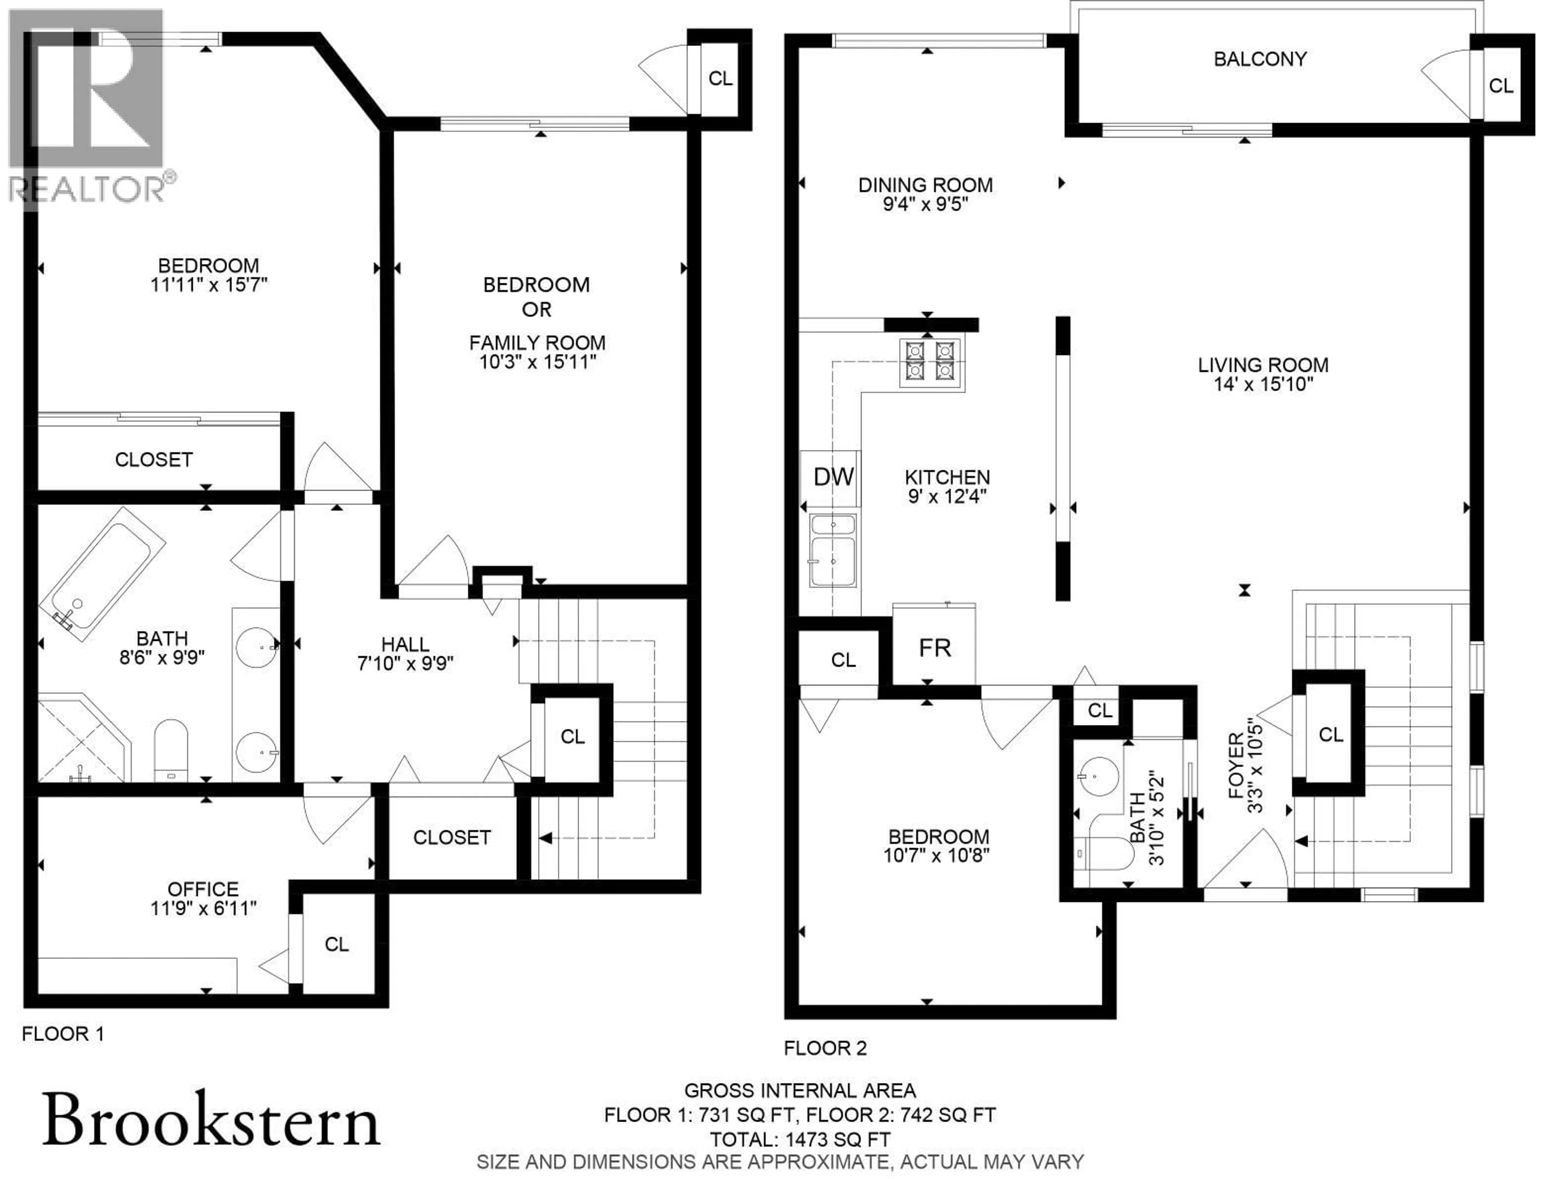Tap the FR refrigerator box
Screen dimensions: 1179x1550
(934, 648)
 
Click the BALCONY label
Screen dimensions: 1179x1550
(1260, 59)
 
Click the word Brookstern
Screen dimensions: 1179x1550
(211, 1120)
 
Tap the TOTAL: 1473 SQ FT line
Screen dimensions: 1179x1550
(800, 1139)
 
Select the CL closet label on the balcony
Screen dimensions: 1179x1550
(1501, 86)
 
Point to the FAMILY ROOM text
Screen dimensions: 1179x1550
(537, 342)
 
